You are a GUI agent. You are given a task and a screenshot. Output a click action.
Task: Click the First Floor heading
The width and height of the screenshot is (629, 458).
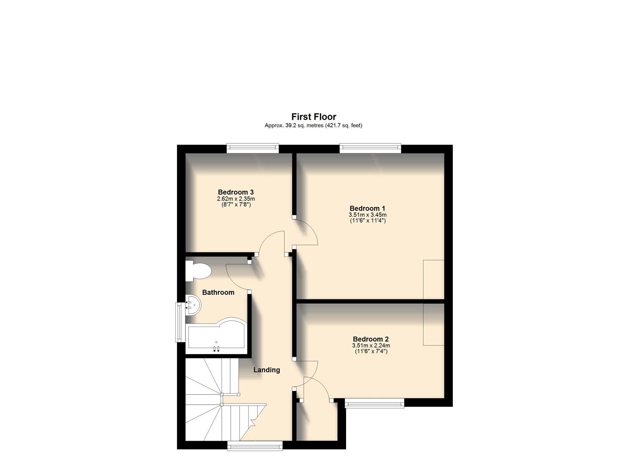[313, 117]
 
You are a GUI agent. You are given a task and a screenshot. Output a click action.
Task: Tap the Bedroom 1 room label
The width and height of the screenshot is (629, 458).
[367, 208]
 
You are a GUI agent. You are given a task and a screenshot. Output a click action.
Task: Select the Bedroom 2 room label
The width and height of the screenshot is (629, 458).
[371, 339]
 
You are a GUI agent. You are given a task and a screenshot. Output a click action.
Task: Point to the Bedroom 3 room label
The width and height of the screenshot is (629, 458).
[236, 192]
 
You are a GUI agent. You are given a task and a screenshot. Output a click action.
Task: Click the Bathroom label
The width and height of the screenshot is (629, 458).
[218, 292]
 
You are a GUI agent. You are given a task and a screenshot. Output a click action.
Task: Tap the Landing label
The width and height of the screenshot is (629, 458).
[266, 370]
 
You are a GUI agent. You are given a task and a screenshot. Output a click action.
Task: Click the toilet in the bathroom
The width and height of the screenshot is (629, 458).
[198, 271]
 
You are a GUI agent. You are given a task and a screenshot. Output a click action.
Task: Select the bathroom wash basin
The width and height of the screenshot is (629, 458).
[194, 305]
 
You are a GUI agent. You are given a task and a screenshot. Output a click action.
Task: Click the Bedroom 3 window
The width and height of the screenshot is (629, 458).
[252, 148]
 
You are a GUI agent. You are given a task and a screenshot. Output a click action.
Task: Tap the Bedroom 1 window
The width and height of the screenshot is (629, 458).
[370, 148]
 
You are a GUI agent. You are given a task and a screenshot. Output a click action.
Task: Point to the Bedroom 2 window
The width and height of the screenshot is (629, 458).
[374, 403]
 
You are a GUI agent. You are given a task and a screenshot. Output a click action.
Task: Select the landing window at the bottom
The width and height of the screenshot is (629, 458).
[255, 444]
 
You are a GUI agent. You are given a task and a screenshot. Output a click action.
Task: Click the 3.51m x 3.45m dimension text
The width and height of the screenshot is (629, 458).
[367, 215]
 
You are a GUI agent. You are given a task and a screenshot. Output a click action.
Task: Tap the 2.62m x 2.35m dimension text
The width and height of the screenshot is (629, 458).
[236, 198]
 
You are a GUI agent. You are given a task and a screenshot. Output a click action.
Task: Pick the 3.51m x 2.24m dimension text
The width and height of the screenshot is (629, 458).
[371, 346]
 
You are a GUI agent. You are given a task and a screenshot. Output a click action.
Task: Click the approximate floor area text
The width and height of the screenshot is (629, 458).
[313, 126]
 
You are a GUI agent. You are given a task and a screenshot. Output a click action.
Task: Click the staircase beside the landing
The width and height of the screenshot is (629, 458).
[212, 399]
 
